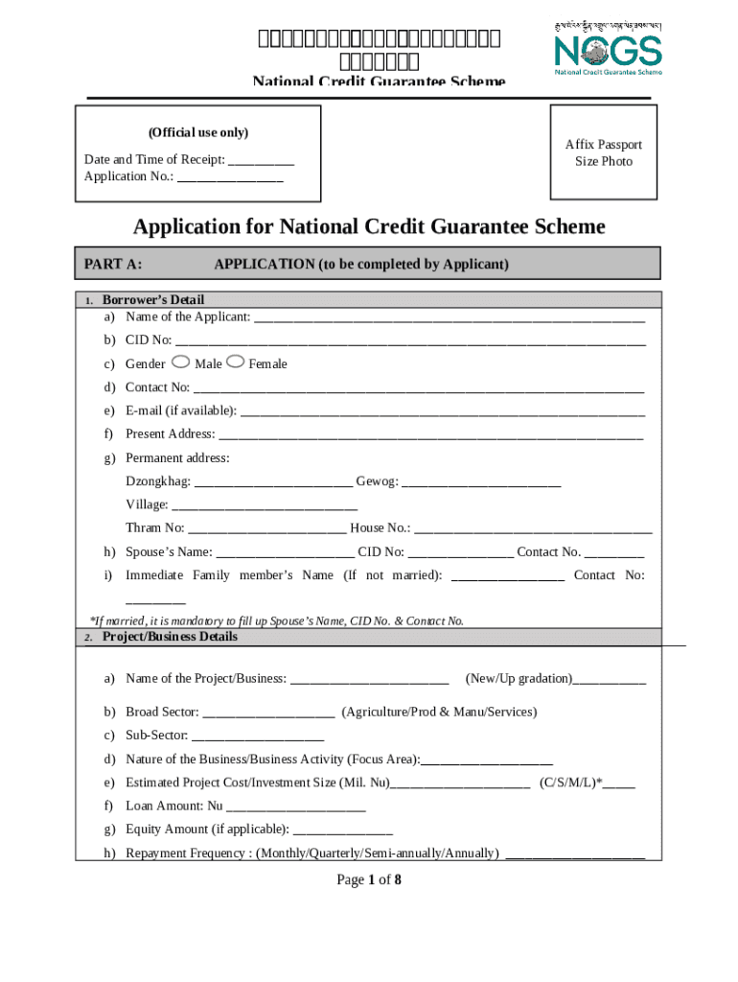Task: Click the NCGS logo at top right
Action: point(608,47)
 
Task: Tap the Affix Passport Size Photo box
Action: point(604,152)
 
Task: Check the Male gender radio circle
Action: point(182,362)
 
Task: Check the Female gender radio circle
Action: point(236,362)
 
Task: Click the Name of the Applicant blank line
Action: point(449,318)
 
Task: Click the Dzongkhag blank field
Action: point(273,482)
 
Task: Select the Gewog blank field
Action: point(481,482)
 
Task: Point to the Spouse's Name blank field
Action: point(285,553)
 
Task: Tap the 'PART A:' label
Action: point(113,264)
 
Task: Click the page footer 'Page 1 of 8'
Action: point(368,880)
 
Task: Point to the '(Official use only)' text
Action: point(197,132)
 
